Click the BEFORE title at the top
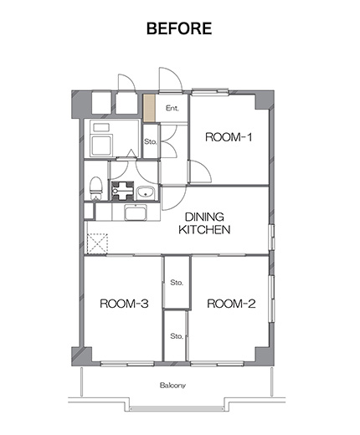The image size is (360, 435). (x=179, y=28)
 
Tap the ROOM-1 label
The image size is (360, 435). (x=229, y=137)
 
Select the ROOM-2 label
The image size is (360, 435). (x=231, y=304)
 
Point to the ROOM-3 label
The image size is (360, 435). (x=124, y=304)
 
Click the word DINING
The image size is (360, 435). (x=204, y=217)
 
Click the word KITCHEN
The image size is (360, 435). (x=204, y=229)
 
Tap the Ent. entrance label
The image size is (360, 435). (x=172, y=108)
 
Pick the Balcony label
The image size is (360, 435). (x=172, y=386)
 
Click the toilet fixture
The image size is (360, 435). (x=96, y=188)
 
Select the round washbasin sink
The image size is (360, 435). (x=145, y=192)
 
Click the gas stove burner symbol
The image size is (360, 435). (x=122, y=191)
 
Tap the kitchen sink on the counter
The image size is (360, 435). (x=136, y=212)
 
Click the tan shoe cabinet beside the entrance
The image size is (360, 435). (x=149, y=108)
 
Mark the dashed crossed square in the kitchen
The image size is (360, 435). (x=97, y=243)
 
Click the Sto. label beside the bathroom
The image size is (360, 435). (x=151, y=141)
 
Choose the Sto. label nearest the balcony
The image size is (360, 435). (x=177, y=336)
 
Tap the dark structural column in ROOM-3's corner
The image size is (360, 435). (x=81, y=356)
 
